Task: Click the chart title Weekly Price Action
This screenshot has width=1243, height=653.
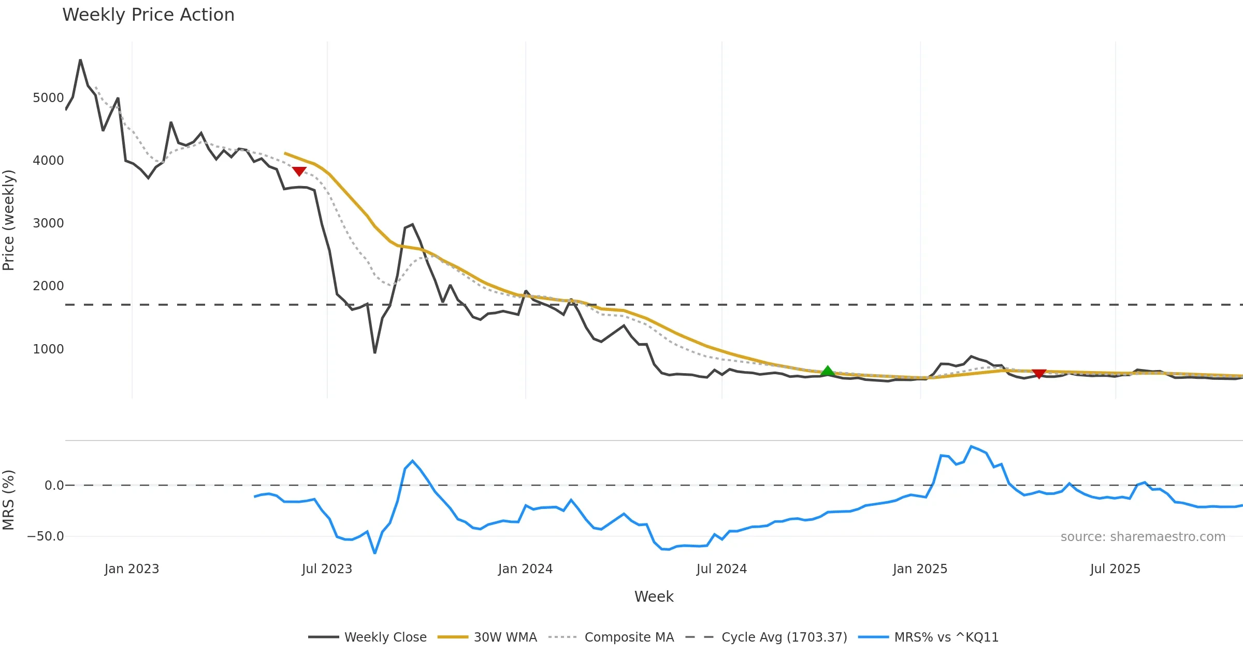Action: (148, 15)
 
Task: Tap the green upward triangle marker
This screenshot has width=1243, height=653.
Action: (828, 371)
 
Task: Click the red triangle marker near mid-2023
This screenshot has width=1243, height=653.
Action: (299, 171)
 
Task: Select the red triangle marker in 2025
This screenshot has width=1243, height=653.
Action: (1039, 374)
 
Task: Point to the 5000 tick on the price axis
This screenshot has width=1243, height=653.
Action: (48, 98)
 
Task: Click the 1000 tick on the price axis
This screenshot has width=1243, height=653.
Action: (48, 349)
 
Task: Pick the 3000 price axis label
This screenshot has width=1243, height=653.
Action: (48, 223)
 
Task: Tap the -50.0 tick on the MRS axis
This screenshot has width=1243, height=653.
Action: (46, 536)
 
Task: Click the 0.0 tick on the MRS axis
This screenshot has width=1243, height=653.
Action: (54, 486)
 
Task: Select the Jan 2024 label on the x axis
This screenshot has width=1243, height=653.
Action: (525, 569)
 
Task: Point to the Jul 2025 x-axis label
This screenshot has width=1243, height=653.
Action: (1115, 569)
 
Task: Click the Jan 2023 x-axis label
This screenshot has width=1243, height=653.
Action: (132, 569)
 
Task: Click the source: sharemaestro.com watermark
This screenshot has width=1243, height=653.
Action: (1143, 537)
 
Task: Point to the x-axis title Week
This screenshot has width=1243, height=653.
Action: (654, 597)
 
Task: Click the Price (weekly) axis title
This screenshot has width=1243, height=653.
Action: (9, 220)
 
